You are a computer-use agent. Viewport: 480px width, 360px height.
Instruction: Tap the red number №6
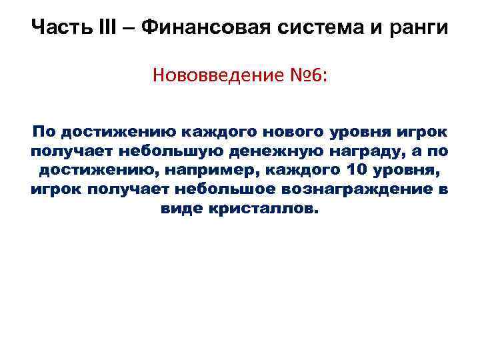[x=305, y=75]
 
